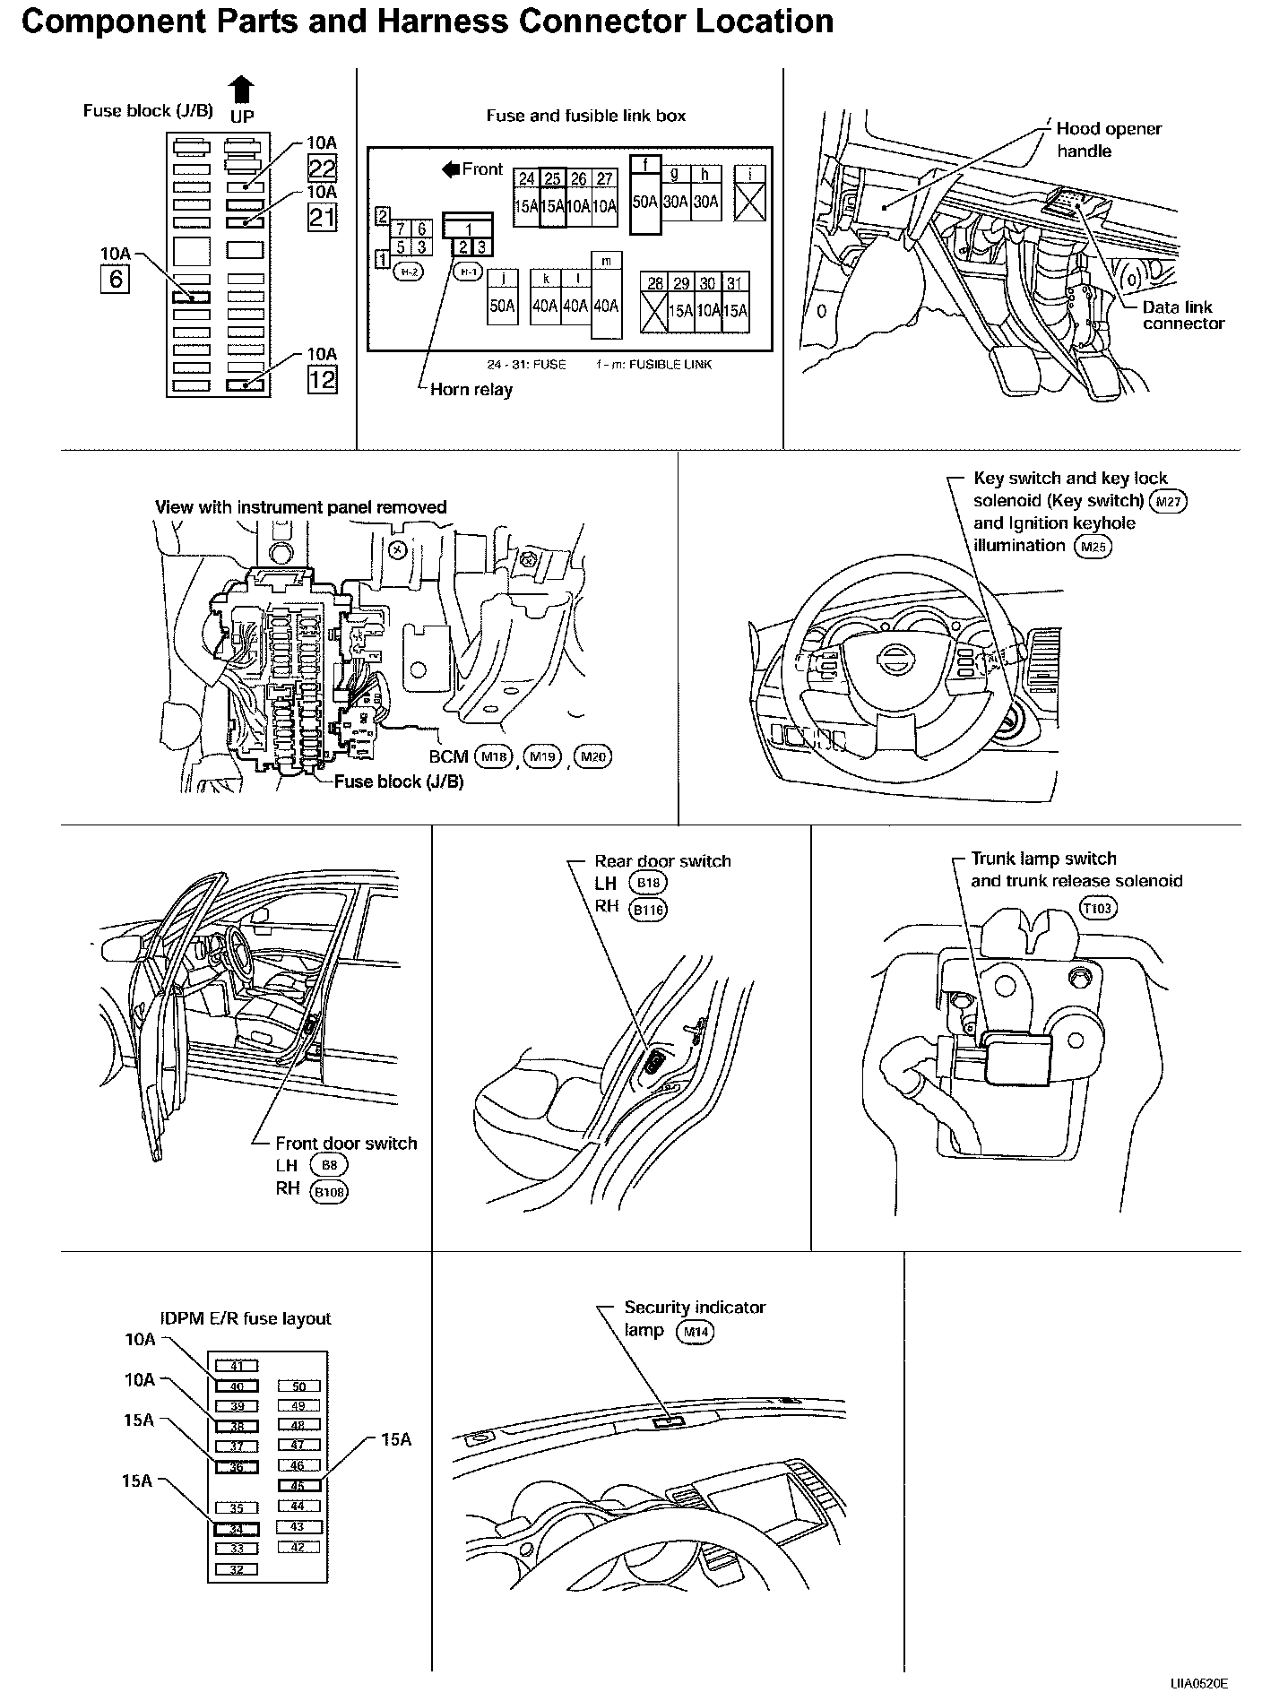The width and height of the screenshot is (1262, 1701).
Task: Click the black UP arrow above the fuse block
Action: pos(242,90)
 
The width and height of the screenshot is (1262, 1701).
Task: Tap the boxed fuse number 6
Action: pos(116,280)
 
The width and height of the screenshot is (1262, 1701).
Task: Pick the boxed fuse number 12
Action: pos(322,380)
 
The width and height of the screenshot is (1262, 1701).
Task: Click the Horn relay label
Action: pos(471,389)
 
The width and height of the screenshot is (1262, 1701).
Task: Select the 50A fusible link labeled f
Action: pos(645,202)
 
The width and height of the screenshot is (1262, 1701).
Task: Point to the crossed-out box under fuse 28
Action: pos(655,310)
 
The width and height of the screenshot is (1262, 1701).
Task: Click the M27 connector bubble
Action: pos(1168,501)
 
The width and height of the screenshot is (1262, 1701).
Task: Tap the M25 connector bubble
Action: pos(1092,547)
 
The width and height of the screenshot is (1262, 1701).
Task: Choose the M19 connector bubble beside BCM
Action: pos(542,757)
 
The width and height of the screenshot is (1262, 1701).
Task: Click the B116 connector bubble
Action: pos(650,911)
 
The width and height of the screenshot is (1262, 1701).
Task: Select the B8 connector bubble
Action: pos(328,1165)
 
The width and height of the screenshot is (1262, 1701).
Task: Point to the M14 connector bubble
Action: pos(696,1333)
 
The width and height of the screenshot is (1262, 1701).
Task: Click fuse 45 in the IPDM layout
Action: pos(298,1485)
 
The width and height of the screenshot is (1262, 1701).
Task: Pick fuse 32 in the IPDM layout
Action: pos(237,1569)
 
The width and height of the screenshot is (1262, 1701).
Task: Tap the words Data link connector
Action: pos(1182,315)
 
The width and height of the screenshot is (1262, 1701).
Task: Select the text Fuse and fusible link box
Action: pos(585,116)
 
